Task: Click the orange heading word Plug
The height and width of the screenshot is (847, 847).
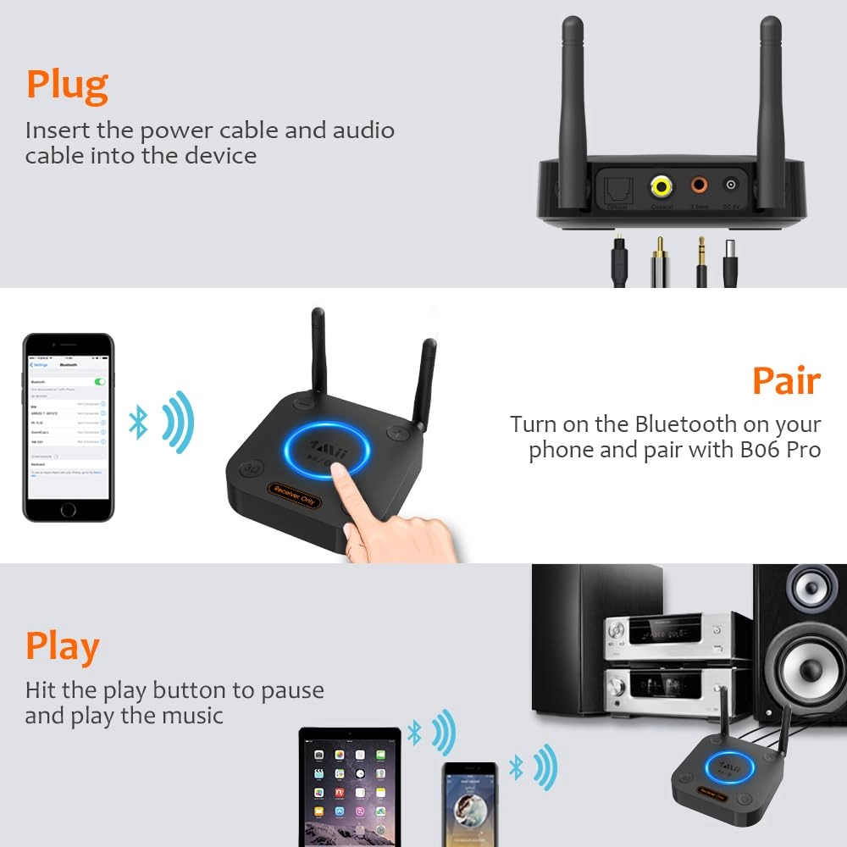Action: tap(67, 86)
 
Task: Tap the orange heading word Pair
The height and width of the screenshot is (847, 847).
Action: tap(786, 381)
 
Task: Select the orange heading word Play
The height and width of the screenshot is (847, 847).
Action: tap(62, 646)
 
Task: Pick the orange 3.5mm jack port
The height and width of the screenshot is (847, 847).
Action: tap(700, 185)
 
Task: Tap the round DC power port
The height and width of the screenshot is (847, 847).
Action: tap(728, 185)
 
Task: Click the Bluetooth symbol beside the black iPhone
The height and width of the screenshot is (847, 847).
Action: tap(138, 421)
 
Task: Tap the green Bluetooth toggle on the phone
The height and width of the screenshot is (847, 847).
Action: tap(101, 382)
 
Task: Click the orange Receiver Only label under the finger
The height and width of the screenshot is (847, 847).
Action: tap(293, 494)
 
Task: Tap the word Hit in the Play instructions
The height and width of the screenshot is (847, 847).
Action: tap(40, 689)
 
